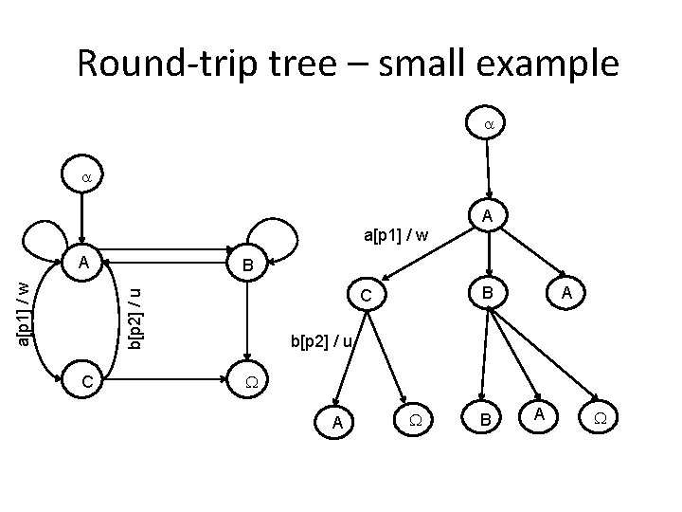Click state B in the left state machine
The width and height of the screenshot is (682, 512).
point(246,265)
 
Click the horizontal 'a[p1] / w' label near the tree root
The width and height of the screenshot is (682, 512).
point(397,233)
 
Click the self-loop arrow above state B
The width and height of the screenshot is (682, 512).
point(265,232)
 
